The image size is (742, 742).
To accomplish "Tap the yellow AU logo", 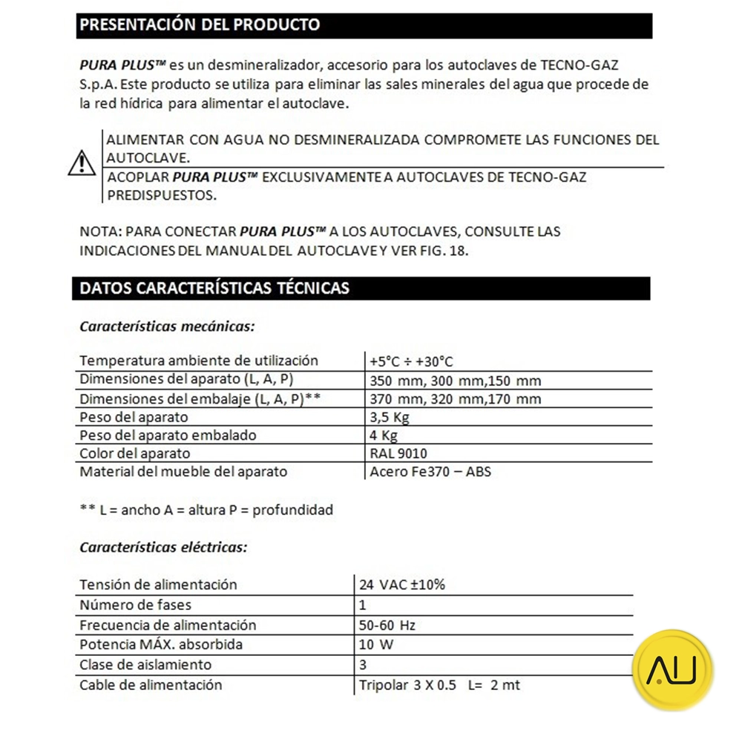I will click(x=673, y=670).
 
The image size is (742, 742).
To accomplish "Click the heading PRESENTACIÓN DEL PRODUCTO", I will click(x=200, y=24).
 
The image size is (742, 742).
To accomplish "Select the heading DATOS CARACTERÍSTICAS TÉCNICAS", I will click(x=214, y=288).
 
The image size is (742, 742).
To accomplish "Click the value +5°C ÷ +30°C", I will click(x=411, y=361).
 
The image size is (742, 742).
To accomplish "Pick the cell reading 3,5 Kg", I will click(x=390, y=417).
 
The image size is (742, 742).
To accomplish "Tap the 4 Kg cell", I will click(x=384, y=436).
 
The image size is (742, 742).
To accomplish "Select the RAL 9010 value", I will click(x=398, y=453).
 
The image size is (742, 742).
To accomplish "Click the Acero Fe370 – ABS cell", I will click(x=430, y=472).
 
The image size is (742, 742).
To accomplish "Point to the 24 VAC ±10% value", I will click(x=402, y=585).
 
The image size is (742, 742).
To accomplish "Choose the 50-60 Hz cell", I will click(x=387, y=625).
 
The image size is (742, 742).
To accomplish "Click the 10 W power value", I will click(x=376, y=645).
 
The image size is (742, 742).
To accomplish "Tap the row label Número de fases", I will click(x=130, y=605).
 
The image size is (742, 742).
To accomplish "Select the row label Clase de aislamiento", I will click(x=145, y=665).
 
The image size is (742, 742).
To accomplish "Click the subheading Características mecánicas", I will click(x=167, y=326).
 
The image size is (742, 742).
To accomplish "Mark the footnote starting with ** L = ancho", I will click(x=206, y=510).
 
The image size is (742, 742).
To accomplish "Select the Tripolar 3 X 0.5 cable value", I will click(x=439, y=685).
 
